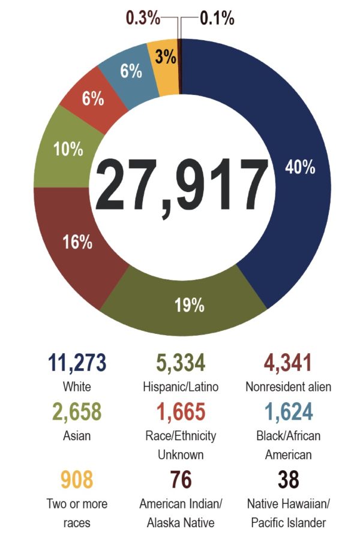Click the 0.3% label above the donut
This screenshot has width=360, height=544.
142,19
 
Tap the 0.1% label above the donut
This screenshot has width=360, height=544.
217,19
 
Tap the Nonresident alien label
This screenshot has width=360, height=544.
280,386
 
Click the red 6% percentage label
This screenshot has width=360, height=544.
93,98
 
